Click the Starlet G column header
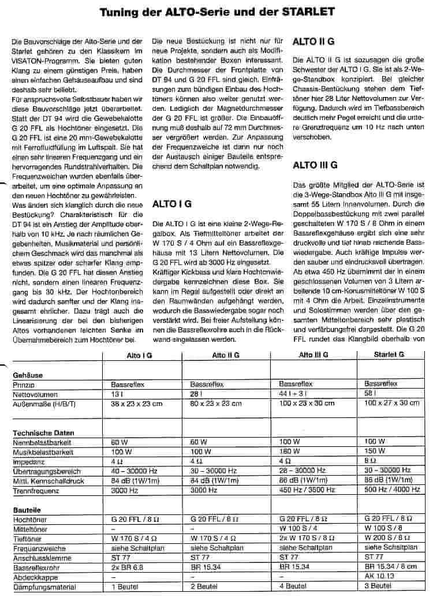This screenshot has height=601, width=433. (x=389, y=355)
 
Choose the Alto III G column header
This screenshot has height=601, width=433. (x=313, y=355)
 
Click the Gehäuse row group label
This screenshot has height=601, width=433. (x=28, y=375)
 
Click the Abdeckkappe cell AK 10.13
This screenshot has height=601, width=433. (x=379, y=577)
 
